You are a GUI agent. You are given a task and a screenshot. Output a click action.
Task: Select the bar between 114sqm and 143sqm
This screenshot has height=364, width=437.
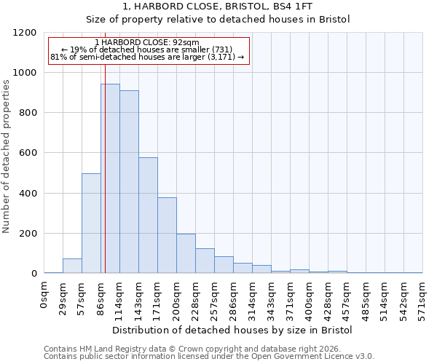pos(129,182)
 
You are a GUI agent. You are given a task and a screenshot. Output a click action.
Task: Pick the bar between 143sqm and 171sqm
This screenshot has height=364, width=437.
pos(148,215)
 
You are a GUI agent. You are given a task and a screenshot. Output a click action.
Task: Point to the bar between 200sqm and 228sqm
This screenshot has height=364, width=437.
pos(186,253)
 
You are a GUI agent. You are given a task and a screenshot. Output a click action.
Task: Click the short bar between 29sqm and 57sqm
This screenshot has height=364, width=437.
pos(72,266)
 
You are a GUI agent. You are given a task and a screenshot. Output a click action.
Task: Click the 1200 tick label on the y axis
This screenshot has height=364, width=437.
pos(25,33)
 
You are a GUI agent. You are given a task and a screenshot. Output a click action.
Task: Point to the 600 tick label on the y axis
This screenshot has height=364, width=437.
pos(28,153)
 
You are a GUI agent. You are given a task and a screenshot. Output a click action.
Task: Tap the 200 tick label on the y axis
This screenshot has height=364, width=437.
pos(28,234)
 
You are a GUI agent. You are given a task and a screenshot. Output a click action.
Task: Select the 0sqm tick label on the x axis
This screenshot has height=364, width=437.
pos(44,294)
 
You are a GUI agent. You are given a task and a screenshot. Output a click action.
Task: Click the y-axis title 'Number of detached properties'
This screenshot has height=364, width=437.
pos(7,157)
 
